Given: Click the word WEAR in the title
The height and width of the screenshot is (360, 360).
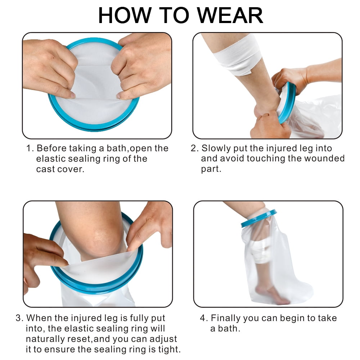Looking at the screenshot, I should [x=230, y=15].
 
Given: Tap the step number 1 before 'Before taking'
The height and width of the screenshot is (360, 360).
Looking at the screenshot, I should [x=30, y=148].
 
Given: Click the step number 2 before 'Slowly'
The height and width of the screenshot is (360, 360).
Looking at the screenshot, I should [x=194, y=148].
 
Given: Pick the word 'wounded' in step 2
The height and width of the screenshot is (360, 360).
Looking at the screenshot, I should [x=325, y=158].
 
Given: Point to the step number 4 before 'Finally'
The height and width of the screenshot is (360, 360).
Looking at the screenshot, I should [x=203, y=318].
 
